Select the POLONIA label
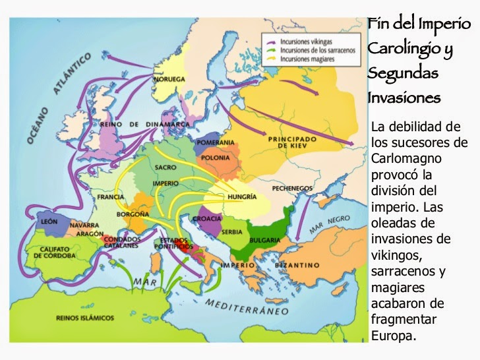[x=217, y=158]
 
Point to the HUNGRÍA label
[x=242, y=196]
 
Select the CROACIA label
[x=206, y=218]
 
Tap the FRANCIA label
[x=110, y=196]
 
